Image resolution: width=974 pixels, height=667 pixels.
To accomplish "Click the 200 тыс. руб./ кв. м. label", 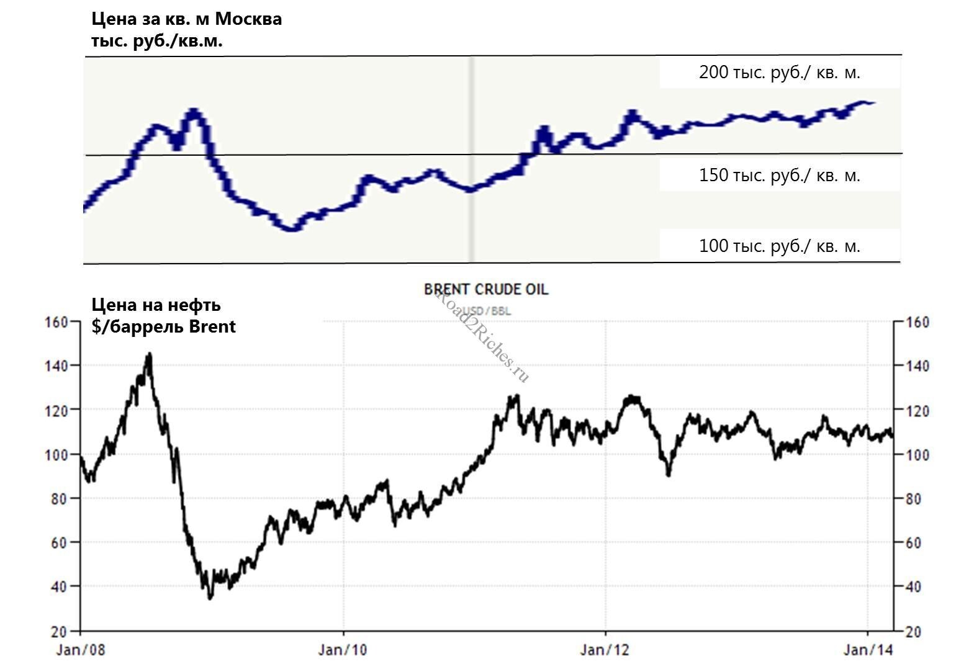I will pyautogui.click(x=779, y=73).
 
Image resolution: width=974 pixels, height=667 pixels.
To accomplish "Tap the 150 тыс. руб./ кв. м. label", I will pyautogui.click(x=779, y=175).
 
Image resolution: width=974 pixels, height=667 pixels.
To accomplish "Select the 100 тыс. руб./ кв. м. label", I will pyautogui.click(x=779, y=246).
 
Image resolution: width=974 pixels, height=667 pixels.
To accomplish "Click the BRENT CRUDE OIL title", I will pyautogui.click(x=486, y=289).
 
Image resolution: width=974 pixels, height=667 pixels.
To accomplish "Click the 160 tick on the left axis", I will pyautogui.click(x=56, y=321).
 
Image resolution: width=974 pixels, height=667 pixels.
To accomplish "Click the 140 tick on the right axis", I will pyautogui.click(x=918, y=366).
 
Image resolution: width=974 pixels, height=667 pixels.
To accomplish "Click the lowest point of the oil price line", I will pyautogui.click(x=210, y=598).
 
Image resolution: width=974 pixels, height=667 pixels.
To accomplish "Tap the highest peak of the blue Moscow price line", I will pyautogui.click(x=194, y=112).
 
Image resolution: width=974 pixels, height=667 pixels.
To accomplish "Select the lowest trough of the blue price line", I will pyautogui.click(x=292, y=228).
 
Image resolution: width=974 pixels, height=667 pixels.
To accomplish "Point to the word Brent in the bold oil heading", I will pyautogui.click(x=212, y=326).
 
